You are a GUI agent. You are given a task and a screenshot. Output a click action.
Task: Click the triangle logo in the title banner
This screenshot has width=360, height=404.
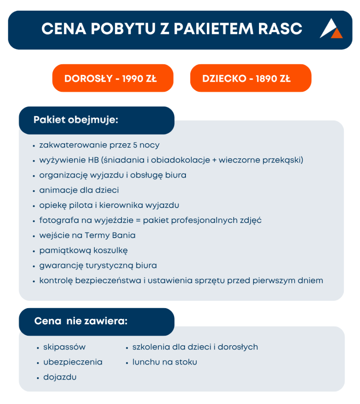click(331, 29)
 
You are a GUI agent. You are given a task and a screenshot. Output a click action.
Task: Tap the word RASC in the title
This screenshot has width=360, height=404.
click(280, 28)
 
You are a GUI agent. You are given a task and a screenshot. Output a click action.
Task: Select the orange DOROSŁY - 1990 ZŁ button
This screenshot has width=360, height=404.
click(112, 78)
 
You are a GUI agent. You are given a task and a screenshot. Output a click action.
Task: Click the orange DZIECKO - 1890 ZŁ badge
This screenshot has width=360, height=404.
click(251, 78)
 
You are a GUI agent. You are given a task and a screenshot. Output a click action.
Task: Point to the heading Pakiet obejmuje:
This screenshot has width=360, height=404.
click(76, 120)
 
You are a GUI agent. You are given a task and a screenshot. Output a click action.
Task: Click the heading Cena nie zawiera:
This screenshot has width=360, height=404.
click(81, 321)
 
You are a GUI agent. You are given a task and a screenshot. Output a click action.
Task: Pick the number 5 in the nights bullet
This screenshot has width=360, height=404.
click(135, 145)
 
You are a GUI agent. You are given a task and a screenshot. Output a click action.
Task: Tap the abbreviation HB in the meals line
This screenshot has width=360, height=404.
click(93, 160)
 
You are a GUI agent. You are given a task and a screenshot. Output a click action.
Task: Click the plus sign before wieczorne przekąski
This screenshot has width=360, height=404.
click(214, 160)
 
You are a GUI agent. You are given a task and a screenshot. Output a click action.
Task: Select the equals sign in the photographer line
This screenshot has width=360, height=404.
click(138, 221)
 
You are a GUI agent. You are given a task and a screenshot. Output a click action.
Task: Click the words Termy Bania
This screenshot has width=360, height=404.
click(110, 236)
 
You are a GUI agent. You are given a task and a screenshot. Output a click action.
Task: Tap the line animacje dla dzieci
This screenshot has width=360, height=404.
click(79, 190)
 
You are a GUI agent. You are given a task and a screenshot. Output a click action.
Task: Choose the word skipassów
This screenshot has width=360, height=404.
click(64, 347)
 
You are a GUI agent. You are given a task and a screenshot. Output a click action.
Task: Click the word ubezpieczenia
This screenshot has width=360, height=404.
click(73, 362)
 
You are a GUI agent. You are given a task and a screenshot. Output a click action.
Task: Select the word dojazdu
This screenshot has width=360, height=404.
click(60, 377)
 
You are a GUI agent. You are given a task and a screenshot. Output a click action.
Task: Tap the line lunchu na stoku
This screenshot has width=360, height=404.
click(165, 362)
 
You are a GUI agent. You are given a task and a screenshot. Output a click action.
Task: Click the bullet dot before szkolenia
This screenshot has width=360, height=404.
click(127, 348)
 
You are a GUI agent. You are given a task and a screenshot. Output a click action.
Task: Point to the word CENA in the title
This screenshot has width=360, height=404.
click(64, 28)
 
